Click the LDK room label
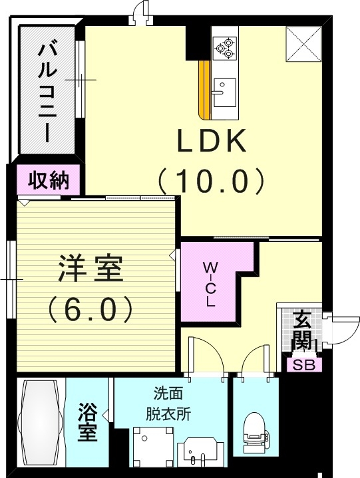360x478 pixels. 211,141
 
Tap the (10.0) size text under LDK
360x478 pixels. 211,179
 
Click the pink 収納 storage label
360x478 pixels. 49,179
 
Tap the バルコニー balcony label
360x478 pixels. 47,91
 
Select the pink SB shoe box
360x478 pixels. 304,364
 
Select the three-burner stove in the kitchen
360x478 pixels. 224,45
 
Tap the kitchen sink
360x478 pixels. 224,89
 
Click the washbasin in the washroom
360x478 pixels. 198,452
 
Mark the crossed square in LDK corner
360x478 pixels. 303,44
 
